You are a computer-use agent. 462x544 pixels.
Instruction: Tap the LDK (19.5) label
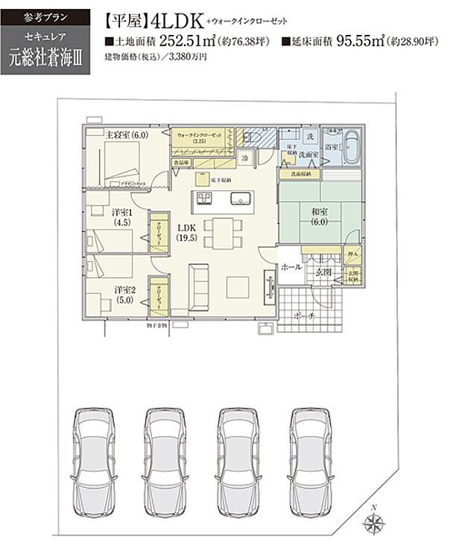pyautogui.click(x=186, y=233)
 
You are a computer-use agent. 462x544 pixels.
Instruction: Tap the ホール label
pyautogui.click(x=291, y=266)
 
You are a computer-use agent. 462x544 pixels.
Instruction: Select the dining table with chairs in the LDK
pyautogui.click(x=216, y=232)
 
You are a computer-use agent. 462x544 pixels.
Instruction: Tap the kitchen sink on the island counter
pyautogui.click(x=241, y=199)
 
